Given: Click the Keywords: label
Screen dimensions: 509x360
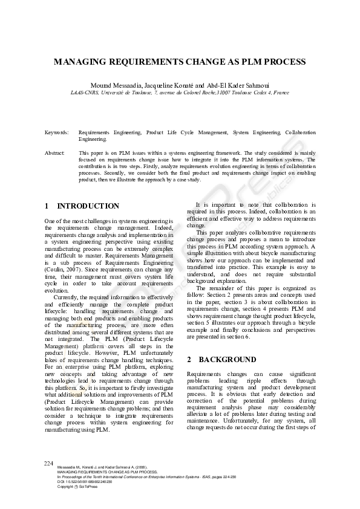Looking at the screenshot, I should tap(56, 132).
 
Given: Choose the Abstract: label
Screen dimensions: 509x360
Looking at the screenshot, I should tap(54, 154).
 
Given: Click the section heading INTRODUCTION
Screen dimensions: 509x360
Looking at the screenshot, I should tap(88, 206).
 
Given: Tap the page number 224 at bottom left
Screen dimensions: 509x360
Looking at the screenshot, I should tap(50, 463).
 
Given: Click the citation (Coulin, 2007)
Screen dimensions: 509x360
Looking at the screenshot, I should tap(63, 269).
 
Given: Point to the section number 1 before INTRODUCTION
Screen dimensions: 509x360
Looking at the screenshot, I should tap(47, 206).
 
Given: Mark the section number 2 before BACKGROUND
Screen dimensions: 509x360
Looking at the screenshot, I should tap(189, 359).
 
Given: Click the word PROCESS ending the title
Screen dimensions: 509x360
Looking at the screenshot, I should tap(286, 62).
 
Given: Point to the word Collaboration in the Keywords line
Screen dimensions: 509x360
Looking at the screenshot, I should tap(300, 132).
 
